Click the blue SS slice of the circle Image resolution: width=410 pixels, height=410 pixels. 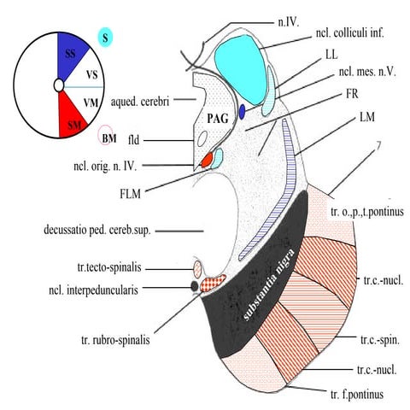click(71, 54)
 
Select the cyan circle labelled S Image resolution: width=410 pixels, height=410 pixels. click(105, 38)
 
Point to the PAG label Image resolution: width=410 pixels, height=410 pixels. click(218, 119)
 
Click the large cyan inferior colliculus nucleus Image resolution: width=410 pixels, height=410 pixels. click(242, 69)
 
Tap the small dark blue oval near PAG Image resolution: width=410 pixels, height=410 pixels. click(242, 112)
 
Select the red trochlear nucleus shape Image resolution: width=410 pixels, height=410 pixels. click(208, 160)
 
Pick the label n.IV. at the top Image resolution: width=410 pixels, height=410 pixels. click(288, 22)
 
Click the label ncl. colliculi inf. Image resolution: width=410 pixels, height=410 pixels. click(350, 33)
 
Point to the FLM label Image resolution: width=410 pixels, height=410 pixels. click(131, 194)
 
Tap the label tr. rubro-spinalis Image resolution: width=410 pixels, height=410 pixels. click(115, 340)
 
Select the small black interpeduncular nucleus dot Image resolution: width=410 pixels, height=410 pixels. click(195, 285)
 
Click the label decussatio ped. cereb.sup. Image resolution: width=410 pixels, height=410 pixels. click(97, 230)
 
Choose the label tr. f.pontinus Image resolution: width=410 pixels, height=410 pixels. click(357, 395)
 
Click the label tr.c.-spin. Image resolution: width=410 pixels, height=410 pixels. click(380, 340)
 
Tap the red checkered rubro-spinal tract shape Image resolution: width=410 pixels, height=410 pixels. click(213, 283)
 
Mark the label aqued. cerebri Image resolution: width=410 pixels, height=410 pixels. click(140, 102)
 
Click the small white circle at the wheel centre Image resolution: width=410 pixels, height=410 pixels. click(59, 85)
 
